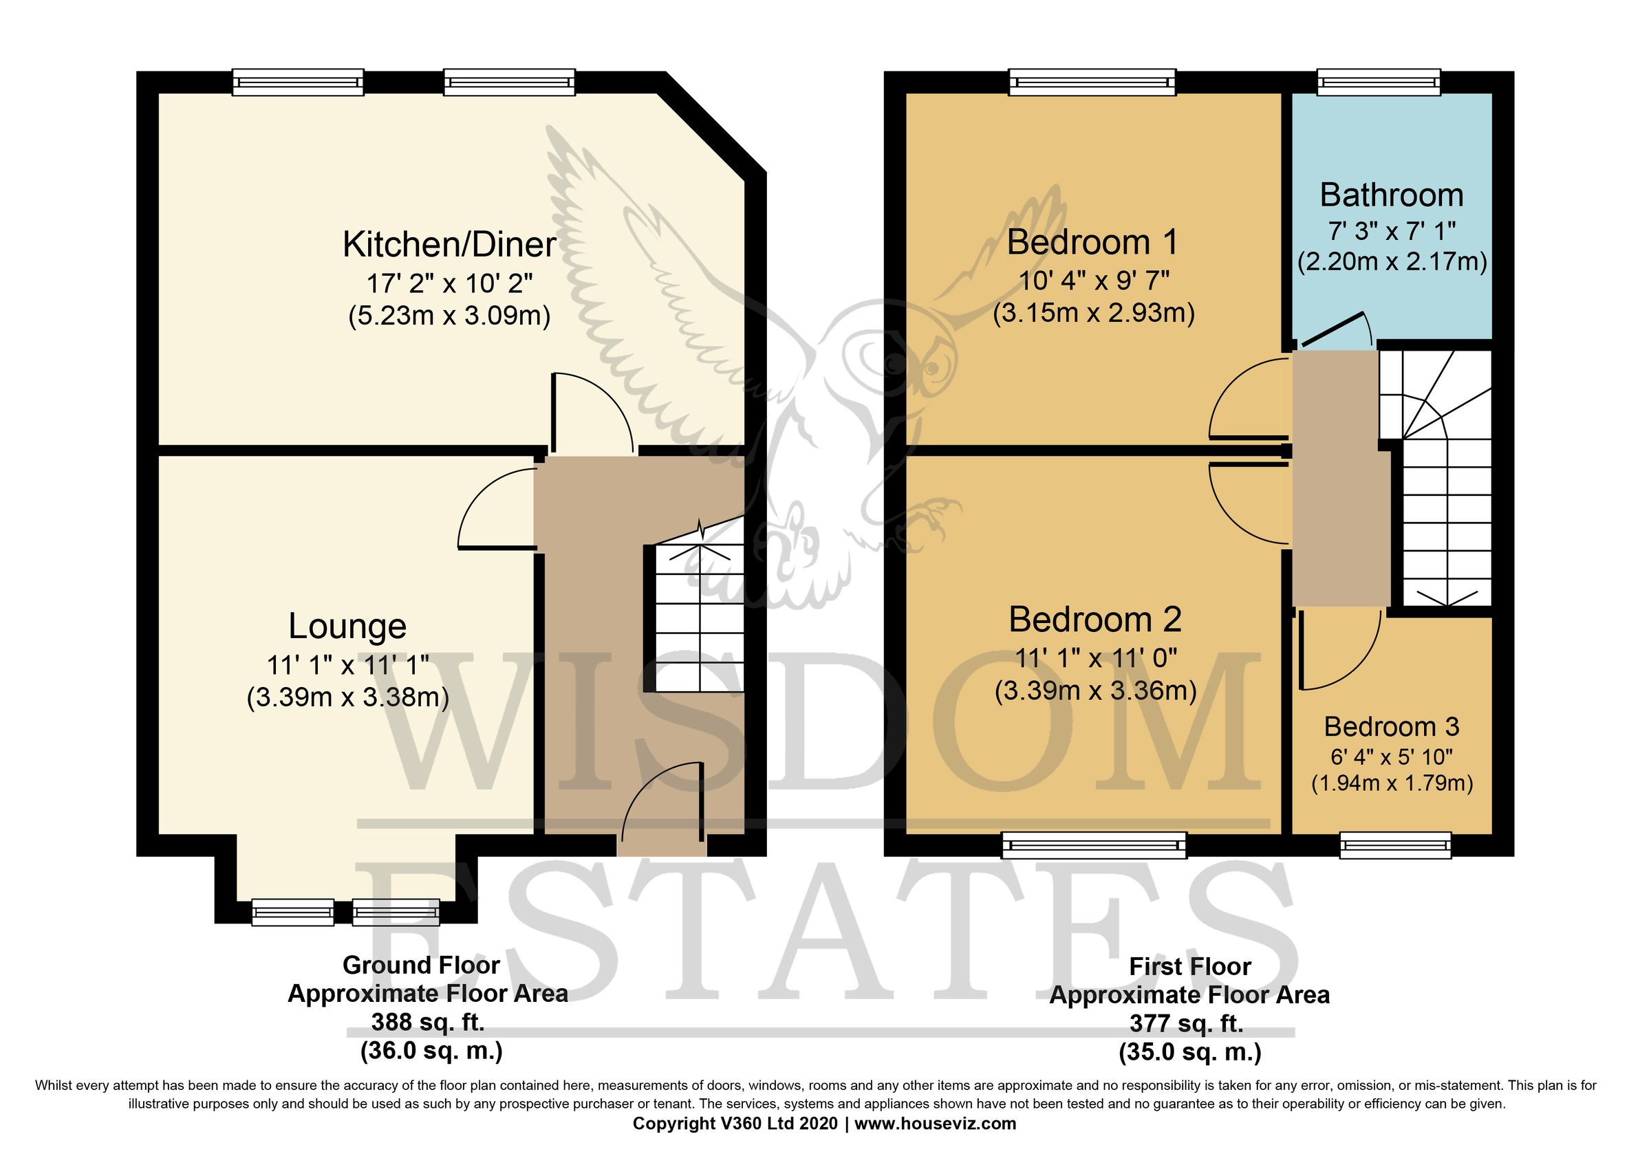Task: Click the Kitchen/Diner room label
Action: (x=449, y=245)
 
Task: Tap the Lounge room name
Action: (x=347, y=626)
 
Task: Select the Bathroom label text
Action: (x=1392, y=195)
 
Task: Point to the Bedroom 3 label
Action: (x=1392, y=726)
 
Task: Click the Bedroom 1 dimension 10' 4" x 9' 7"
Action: (x=1094, y=280)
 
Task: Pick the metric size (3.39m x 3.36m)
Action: (x=1095, y=690)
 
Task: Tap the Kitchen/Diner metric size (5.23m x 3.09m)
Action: (x=449, y=315)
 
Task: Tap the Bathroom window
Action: (x=1379, y=82)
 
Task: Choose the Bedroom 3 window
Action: (x=1395, y=845)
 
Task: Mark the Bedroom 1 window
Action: (x=1092, y=82)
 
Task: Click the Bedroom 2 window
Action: (x=1094, y=845)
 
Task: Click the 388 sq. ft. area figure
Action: (x=428, y=1022)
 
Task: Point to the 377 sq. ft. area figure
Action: (x=1187, y=1023)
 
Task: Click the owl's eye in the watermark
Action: (x=934, y=369)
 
